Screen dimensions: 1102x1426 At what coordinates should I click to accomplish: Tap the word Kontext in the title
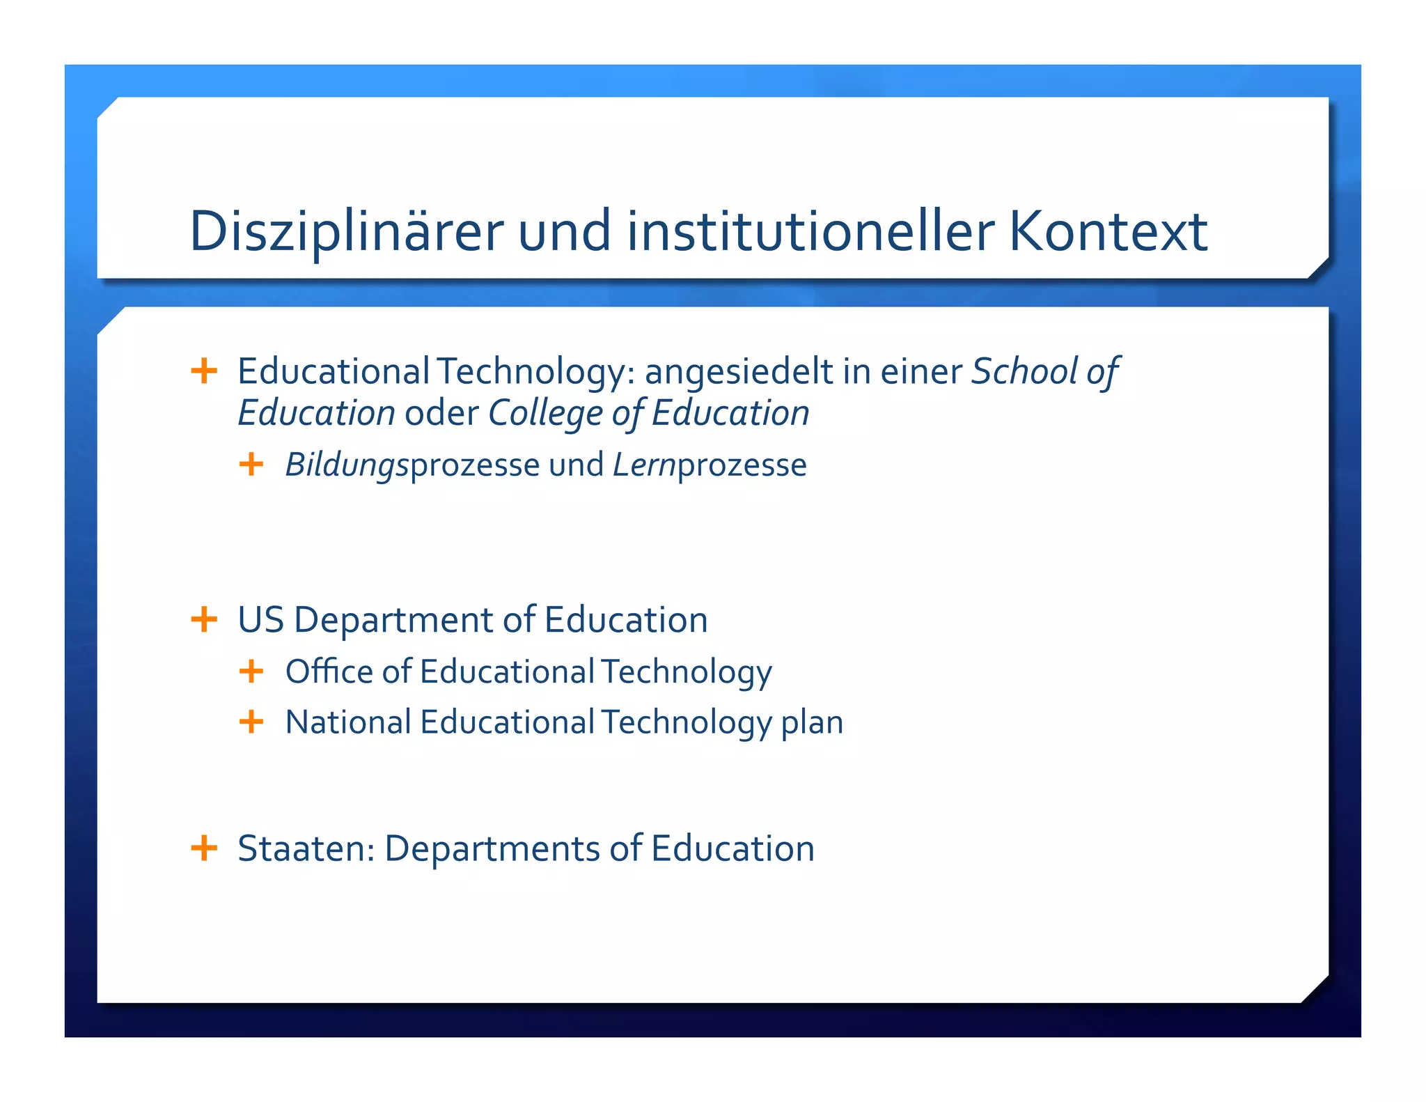[x=1108, y=231]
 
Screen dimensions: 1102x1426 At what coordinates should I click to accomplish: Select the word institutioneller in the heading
[x=810, y=231]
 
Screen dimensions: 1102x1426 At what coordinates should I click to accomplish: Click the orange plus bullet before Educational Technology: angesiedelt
[x=204, y=371]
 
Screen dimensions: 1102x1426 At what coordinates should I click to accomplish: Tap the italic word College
[x=545, y=413]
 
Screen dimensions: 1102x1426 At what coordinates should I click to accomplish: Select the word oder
[x=441, y=413]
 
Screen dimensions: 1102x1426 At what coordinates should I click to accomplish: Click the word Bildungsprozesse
[x=412, y=465]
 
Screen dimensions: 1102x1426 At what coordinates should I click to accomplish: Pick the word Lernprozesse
[x=710, y=465]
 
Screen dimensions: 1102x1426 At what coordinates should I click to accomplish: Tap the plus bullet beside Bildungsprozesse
[x=251, y=464]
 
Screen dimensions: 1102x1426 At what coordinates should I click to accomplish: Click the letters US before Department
[x=261, y=619]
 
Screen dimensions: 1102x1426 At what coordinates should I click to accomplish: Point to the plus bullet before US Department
[x=204, y=619]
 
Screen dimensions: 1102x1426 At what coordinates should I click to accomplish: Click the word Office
[x=329, y=672]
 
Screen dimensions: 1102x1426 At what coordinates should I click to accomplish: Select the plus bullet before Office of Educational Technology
[x=251, y=672]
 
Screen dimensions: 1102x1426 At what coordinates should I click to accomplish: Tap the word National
[x=348, y=722]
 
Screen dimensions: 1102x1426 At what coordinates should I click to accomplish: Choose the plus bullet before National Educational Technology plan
[x=251, y=722]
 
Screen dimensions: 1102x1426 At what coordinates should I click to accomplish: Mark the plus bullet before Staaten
[x=204, y=848]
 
